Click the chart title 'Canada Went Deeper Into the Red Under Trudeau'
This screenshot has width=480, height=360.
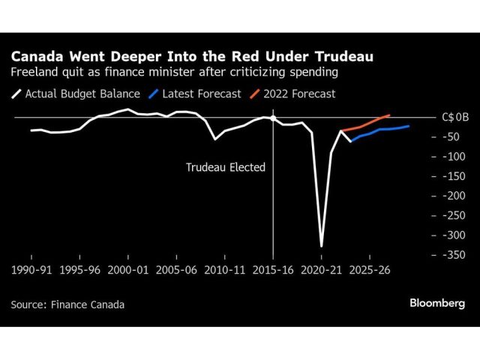[191, 56]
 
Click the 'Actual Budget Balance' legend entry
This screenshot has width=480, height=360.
[74, 94]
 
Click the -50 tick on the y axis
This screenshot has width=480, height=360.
[452, 137]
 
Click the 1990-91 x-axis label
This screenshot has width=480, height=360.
[31, 268]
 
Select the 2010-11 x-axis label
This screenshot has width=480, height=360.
[226, 268]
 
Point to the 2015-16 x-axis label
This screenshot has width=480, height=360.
[274, 268]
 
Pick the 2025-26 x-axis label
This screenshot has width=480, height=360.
[370, 268]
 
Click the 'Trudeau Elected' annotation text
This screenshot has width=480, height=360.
[226, 167]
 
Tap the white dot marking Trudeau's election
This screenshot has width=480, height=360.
[273, 118]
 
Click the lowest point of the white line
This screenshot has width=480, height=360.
[322, 245]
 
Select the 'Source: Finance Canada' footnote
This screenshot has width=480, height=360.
[67, 304]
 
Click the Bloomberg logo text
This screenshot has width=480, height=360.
[437, 304]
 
